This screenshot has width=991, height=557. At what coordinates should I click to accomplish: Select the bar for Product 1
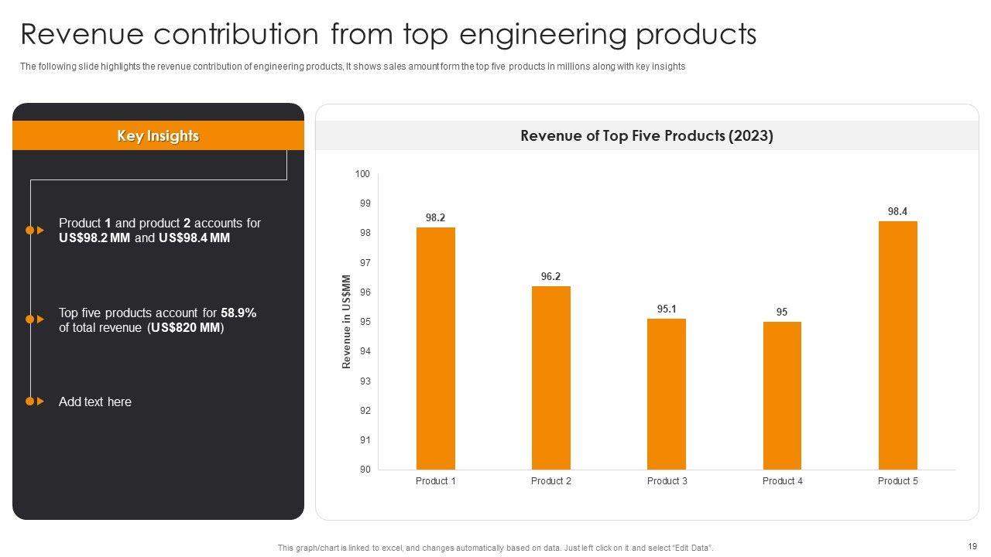[435, 348]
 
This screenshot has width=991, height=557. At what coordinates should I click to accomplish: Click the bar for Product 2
[550, 378]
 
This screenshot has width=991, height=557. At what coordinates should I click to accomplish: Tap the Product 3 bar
[666, 394]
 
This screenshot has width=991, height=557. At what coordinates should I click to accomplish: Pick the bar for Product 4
[782, 395]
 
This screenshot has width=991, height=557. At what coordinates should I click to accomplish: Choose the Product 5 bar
[897, 345]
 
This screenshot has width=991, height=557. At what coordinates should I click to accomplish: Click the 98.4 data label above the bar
[897, 211]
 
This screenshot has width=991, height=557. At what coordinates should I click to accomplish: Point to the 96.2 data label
[550, 276]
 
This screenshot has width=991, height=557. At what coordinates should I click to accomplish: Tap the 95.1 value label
[666, 309]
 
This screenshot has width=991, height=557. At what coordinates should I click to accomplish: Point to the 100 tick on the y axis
[362, 174]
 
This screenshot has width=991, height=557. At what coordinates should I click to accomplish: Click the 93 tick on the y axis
[365, 381]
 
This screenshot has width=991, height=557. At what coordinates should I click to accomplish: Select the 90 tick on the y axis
[365, 470]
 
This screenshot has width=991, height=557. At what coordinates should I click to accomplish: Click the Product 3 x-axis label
[667, 481]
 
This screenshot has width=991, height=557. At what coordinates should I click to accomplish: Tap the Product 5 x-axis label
[897, 481]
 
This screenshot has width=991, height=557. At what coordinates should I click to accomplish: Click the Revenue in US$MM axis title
[347, 322]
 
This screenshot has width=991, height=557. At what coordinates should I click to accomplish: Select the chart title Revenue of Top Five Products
[646, 136]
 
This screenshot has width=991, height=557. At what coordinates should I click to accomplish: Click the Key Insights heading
[158, 136]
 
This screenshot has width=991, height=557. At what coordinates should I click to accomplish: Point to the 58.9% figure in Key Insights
[238, 313]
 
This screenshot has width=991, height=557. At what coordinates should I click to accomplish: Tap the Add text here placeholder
[95, 402]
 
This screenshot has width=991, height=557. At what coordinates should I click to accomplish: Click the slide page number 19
[972, 545]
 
